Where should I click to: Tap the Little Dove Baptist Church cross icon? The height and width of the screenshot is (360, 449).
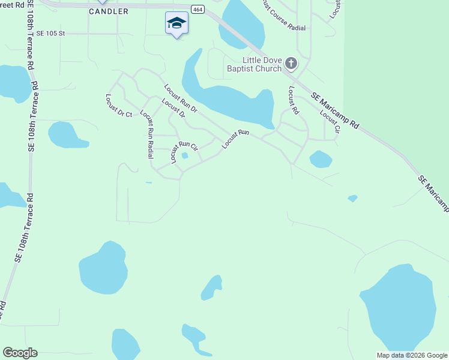291,63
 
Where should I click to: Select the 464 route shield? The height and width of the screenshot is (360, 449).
197,10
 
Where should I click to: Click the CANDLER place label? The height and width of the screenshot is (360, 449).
109,11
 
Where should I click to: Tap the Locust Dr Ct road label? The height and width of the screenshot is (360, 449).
118,106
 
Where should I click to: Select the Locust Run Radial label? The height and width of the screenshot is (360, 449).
146,134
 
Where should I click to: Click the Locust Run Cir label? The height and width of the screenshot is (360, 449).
184,152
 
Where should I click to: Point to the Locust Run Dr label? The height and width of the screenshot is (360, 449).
181,98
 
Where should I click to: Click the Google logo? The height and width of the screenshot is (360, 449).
20,353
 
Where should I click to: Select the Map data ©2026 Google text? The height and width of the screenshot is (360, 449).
412,355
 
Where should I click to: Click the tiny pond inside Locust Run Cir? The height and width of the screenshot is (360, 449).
185,156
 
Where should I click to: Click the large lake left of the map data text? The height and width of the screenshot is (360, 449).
399,309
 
